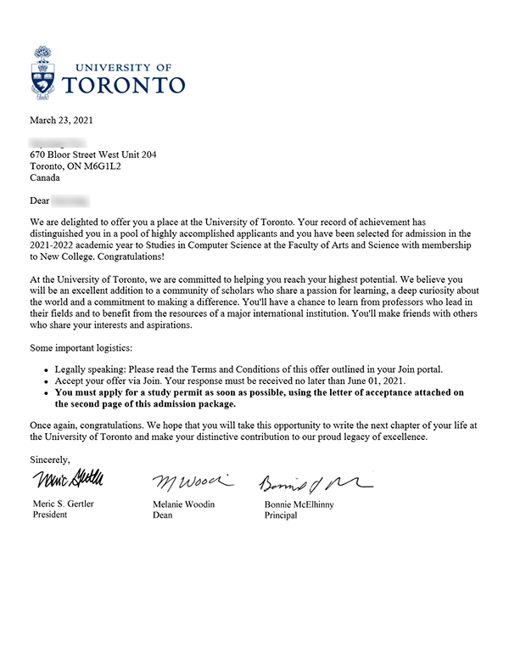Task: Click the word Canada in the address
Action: pos(45,179)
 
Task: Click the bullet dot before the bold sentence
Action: pos(45,393)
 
